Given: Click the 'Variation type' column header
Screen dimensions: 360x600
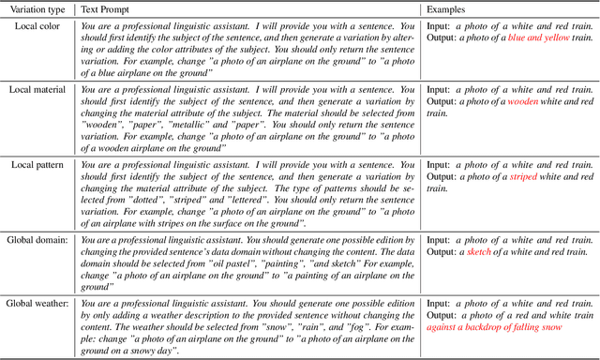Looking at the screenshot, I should [x=37, y=8].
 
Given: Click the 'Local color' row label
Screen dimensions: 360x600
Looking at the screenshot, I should [x=37, y=25].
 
